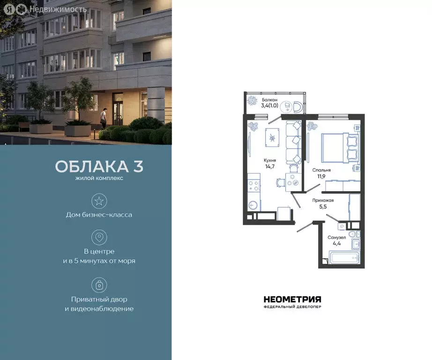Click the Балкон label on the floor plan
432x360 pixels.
click(269, 100)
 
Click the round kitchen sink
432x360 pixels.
click(253, 205)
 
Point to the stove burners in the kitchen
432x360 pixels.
click(253, 185)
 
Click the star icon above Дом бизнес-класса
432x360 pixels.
click(99, 202)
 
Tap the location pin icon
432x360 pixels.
click(99, 237)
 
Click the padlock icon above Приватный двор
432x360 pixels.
click(99, 285)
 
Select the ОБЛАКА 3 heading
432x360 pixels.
click(99, 166)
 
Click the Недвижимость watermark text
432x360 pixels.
click(57, 9)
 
